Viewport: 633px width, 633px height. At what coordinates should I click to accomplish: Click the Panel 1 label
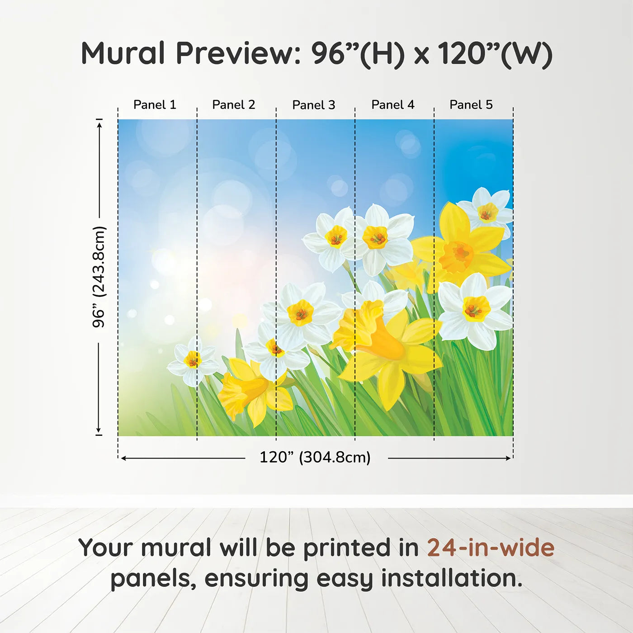(x=155, y=105)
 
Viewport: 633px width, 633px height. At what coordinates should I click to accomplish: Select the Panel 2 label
(x=234, y=105)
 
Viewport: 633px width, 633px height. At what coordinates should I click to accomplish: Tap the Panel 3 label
(x=314, y=105)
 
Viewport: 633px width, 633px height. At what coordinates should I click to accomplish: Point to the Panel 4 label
(x=393, y=105)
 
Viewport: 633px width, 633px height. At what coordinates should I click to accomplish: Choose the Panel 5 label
(x=471, y=105)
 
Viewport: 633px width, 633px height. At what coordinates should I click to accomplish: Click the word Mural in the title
(x=123, y=53)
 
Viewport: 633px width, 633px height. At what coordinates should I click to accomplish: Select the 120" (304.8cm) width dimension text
(x=315, y=457)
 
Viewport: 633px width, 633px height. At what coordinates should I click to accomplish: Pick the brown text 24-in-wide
(x=491, y=547)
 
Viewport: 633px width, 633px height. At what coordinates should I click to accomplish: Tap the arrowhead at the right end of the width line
(x=508, y=458)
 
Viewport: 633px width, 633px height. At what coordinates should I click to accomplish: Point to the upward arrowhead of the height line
(x=99, y=124)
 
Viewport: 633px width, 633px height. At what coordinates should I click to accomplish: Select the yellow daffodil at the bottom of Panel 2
(x=253, y=391)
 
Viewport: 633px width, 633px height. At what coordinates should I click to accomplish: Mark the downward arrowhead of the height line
(x=98, y=430)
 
